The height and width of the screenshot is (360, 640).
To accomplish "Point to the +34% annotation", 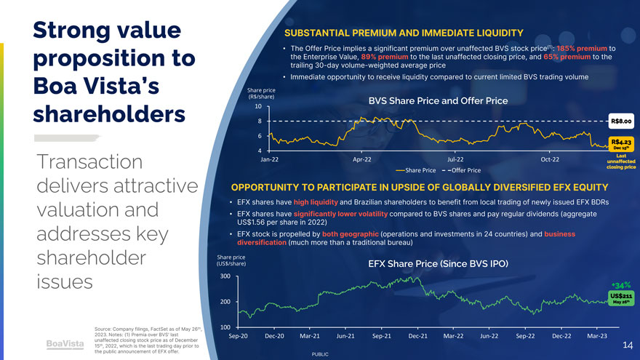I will [x=622, y=285].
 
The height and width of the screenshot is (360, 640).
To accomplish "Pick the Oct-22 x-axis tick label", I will [x=551, y=159].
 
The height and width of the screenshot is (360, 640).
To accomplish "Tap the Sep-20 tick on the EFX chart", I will [x=239, y=336].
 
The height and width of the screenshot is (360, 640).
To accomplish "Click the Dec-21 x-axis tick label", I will [x=418, y=336].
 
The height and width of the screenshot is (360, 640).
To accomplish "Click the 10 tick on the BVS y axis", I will [x=258, y=106].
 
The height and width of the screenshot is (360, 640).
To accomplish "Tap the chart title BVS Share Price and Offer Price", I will [x=438, y=101].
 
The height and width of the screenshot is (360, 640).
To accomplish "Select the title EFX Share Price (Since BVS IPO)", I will [x=438, y=263].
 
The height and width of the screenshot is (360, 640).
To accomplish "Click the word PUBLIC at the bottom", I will [x=320, y=354].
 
